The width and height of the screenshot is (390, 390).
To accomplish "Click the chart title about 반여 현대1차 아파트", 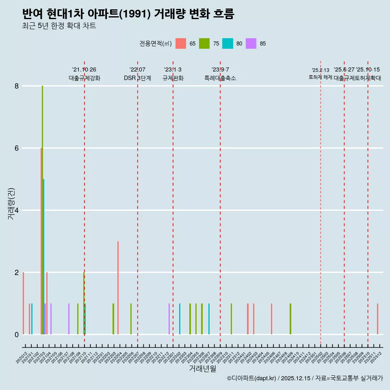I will (128, 14).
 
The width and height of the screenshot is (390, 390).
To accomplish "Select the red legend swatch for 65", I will (180, 43).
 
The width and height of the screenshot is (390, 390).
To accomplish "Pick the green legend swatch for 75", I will (204, 43).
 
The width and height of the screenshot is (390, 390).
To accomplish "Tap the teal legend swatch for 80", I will (227, 43).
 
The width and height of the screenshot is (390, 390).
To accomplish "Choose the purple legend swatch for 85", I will (251, 43).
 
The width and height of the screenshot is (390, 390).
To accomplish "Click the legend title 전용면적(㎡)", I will (155, 44).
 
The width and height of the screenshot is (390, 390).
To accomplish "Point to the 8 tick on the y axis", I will (17, 86).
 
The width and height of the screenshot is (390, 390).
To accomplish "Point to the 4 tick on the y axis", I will (17, 210).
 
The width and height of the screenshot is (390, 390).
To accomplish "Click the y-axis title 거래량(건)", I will (11, 203).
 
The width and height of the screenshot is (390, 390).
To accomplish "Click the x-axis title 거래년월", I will (202, 368).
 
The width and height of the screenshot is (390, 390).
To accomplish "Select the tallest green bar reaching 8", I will (42, 203).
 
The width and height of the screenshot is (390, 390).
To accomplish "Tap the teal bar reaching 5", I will (43, 256).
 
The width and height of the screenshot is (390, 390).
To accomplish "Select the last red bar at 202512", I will (377, 319).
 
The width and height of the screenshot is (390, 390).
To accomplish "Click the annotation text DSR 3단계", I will (137, 78).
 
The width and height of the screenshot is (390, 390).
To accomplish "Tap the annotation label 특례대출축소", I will (220, 78).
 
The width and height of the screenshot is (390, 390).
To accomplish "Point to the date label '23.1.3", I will (173, 70).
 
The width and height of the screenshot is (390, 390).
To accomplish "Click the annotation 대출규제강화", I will (84, 78).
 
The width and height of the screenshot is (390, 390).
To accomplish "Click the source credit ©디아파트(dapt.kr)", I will (252, 378).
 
